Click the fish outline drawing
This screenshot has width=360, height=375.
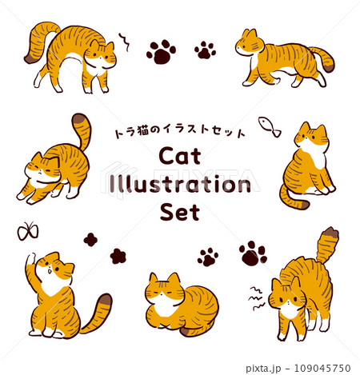tap(270, 126)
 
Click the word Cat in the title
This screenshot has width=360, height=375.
tap(180, 156)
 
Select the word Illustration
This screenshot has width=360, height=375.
tap(180, 184)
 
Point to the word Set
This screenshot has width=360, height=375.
tap(180, 212)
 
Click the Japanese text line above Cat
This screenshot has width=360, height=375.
tap(179, 131)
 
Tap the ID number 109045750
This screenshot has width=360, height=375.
tap(322, 368)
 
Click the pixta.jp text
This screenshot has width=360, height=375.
tap(263, 369)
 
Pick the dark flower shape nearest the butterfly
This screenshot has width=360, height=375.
tap(90, 240)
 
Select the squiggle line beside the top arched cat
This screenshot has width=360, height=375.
tap(125, 42)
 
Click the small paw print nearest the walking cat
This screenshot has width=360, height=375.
tap(205, 50)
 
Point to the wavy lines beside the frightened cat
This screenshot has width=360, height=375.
tap(257, 298)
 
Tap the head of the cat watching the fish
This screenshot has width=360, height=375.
tap(311, 137)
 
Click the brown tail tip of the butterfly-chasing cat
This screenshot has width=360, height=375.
tap(105, 300)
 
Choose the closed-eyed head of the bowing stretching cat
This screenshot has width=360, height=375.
tap(42, 167)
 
